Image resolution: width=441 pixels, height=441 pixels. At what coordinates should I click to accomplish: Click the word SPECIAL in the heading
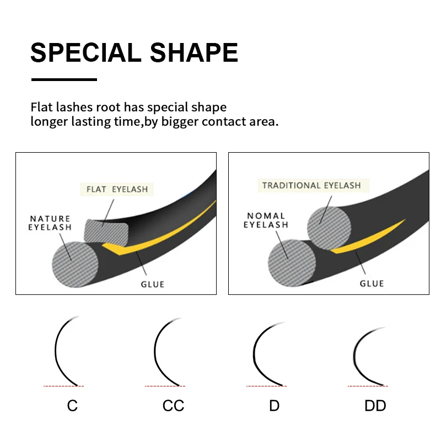coord(86,53)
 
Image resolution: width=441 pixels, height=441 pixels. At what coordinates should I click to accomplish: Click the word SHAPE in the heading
coord(194,53)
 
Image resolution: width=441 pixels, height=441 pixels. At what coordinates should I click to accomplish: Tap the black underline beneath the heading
coord(64,79)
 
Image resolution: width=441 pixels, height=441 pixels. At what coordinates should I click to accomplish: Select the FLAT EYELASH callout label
coord(117,189)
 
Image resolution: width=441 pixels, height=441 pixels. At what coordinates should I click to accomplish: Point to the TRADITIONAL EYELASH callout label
coord(311,185)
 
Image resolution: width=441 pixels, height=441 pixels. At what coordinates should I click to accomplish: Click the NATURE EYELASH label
coord(50,223)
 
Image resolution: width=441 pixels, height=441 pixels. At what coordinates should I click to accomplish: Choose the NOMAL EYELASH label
coord(266,220)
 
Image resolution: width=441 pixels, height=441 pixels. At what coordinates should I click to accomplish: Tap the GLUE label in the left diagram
coord(152,284)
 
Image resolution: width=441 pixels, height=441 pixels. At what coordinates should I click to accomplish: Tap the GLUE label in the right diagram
coord(372,283)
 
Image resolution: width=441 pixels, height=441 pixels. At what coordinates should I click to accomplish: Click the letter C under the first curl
coord(72,406)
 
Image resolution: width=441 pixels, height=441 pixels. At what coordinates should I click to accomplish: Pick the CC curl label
coord(173,406)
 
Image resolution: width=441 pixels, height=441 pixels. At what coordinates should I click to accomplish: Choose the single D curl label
coord(274,406)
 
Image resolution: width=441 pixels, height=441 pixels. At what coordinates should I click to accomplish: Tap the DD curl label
coord(375,406)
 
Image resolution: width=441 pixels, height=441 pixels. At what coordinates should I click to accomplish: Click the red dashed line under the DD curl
coord(368,386)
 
